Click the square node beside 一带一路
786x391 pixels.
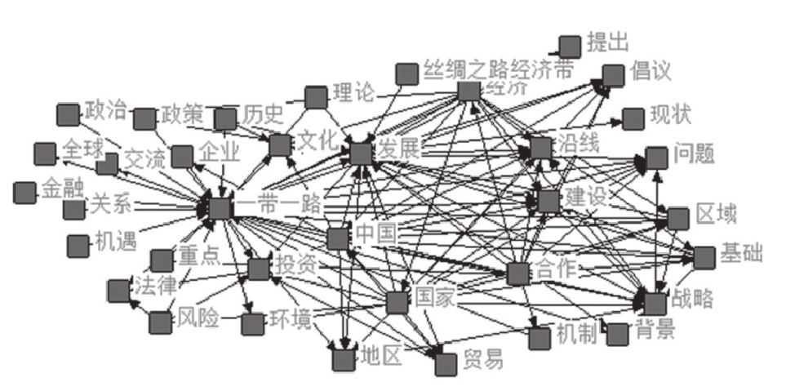tap(219, 207)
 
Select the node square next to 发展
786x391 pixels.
tap(361, 152)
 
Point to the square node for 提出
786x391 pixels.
tap(570, 46)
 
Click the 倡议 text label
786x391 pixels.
tap(651, 72)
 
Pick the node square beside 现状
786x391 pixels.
tap(633, 119)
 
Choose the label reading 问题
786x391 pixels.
tap(694, 153)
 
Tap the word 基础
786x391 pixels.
tap(740, 254)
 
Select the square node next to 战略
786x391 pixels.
tap(655, 303)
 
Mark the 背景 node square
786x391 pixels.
tap(617, 333)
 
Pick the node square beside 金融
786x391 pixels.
tap(25, 193)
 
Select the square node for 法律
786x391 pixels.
tap(118, 291)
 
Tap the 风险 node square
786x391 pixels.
tap(160, 322)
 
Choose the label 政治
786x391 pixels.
tap(105, 109)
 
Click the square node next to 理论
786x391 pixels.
tap(316, 97)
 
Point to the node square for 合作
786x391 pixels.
tap(517, 273)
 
